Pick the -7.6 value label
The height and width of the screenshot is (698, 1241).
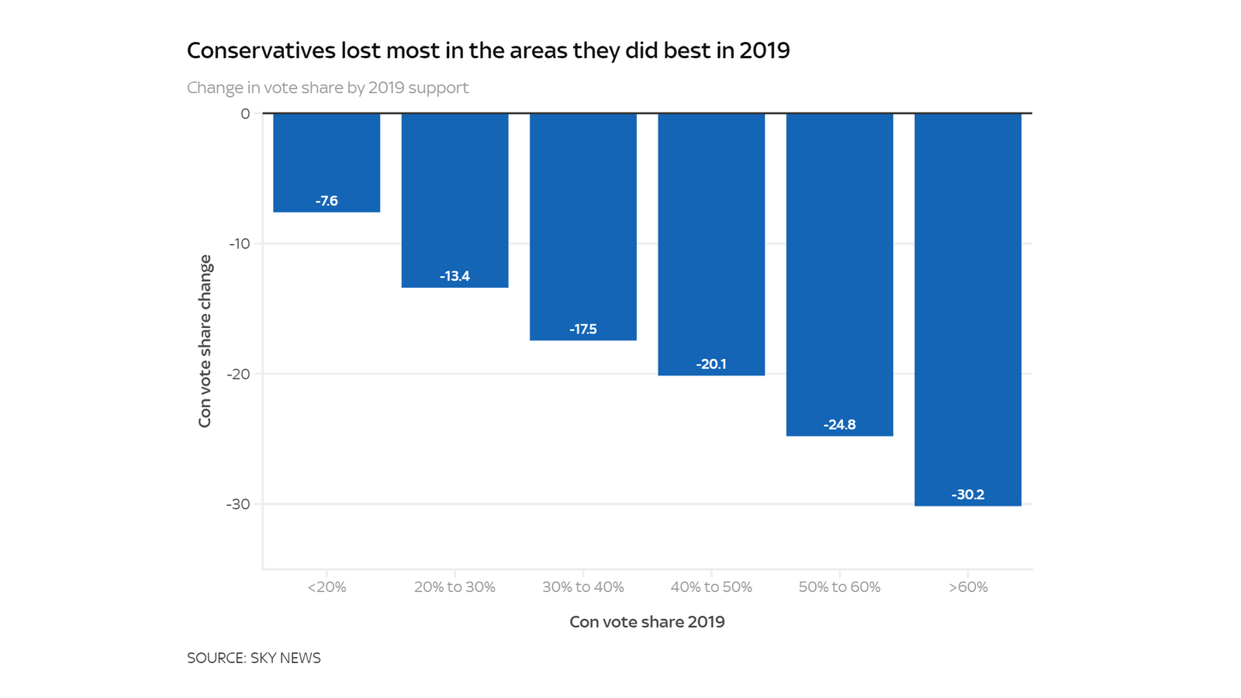pos(327,201)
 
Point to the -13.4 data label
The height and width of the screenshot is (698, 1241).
pos(455,276)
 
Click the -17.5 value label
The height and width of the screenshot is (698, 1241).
pos(583,329)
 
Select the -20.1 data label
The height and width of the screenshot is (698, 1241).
pos(711,364)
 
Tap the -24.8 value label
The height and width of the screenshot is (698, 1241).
pos(839,424)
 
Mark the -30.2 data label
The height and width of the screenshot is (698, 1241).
pos(967,495)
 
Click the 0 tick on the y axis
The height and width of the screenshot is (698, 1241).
pos(245,114)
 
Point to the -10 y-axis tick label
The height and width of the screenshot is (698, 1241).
pos(240,244)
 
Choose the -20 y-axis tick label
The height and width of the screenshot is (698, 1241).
pos(239,374)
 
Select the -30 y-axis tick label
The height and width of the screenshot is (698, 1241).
pos(239,504)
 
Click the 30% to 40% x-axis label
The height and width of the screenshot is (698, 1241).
pos(583,587)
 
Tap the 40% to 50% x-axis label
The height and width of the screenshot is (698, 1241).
pos(711,587)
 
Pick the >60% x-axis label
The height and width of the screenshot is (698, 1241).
pos(968,587)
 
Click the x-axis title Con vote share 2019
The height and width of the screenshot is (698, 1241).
pos(647,622)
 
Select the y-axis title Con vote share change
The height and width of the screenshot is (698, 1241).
pos(205,341)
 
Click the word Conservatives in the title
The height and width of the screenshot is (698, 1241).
pos(261,50)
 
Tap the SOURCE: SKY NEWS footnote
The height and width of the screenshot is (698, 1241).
pos(254,658)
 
